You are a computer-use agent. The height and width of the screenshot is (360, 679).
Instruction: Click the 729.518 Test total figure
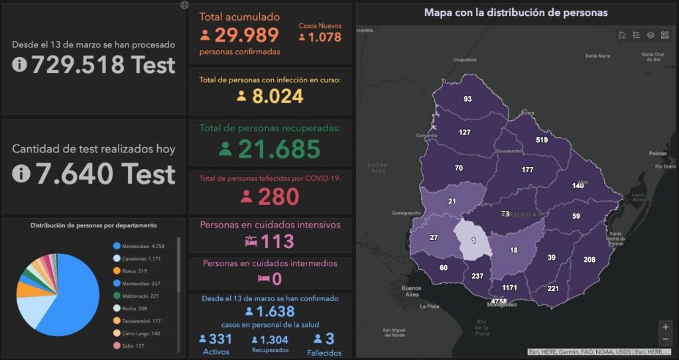click(102, 65)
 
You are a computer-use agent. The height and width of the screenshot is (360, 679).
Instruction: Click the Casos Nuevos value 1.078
click(324, 38)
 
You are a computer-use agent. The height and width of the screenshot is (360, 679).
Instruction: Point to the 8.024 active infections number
click(277, 96)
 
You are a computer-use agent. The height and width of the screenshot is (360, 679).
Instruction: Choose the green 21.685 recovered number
click(278, 150)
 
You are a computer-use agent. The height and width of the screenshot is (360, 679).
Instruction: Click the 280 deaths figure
click(278, 197)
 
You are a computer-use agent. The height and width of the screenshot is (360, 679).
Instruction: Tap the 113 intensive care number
click(277, 241)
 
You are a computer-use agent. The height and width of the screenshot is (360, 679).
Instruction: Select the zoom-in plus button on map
click(665, 327)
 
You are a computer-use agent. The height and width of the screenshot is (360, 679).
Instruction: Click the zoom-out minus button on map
click(665, 339)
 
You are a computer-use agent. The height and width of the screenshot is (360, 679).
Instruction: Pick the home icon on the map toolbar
click(622, 36)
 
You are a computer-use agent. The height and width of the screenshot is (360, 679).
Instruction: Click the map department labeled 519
click(542, 140)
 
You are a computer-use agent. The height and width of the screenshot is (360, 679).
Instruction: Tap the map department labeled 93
click(467, 99)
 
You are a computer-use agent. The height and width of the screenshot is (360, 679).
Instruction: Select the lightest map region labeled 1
click(473, 239)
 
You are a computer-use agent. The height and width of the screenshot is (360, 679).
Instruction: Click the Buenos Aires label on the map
click(411, 292)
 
